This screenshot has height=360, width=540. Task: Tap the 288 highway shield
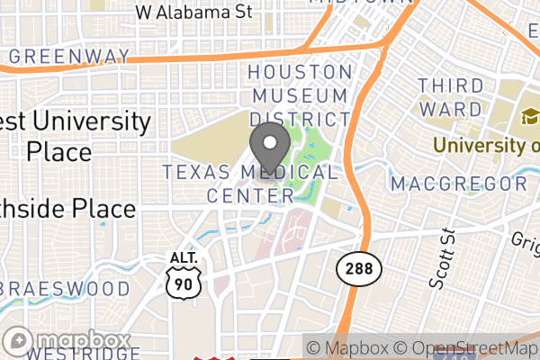click(x=360, y=266)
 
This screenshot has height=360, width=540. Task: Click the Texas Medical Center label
click(x=250, y=183)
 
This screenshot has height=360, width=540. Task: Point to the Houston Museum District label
click(x=300, y=94)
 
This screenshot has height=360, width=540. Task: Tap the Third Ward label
click(x=449, y=95)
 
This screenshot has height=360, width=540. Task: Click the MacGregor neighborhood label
click(x=459, y=184)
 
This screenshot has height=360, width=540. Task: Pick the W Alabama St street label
click(x=193, y=13)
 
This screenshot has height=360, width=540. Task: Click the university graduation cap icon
click(x=526, y=118)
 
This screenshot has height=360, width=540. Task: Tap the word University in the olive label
click(x=475, y=145)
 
